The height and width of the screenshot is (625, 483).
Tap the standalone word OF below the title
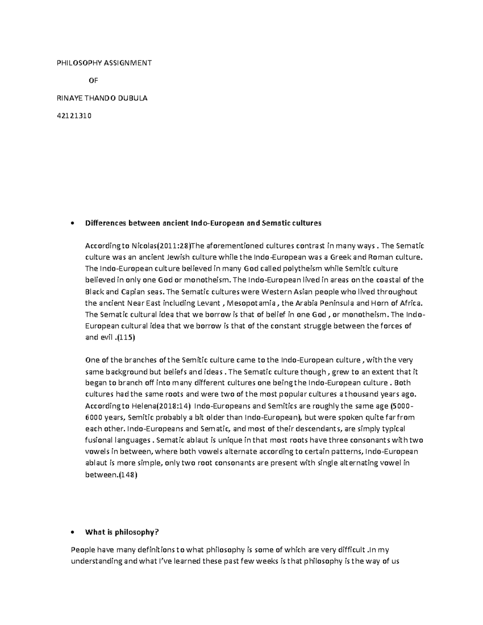click(93, 80)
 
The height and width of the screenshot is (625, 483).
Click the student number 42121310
click(75, 116)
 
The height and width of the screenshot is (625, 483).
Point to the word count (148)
click(128, 474)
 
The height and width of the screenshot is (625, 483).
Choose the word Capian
click(133, 291)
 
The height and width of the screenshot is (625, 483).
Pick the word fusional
click(98, 440)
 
